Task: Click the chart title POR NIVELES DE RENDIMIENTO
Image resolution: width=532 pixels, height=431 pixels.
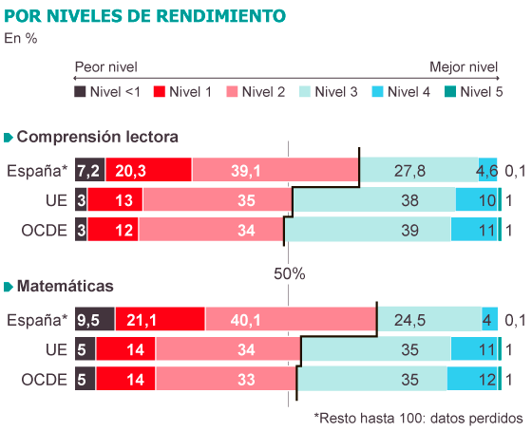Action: tap(144, 16)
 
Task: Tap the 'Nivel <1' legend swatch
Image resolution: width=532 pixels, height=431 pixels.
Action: tap(80, 91)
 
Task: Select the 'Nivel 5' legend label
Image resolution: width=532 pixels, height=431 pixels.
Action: tap(482, 92)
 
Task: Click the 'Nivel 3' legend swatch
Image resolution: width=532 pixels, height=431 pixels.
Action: tap(305, 91)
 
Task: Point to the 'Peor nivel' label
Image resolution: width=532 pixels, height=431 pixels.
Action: tap(105, 67)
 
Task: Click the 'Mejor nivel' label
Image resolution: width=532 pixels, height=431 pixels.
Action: tap(464, 67)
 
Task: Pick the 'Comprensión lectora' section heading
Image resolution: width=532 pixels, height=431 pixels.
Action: tap(97, 137)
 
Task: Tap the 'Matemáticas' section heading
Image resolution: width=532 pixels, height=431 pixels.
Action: tap(66, 286)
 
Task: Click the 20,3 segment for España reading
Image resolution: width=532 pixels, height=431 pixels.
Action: tap(148, 170)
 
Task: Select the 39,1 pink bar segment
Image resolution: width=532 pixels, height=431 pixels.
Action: tap(275, 170)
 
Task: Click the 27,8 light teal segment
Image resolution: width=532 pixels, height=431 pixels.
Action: tap(419, 170)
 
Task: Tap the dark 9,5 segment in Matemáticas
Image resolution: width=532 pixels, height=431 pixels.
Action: tap(95, 319)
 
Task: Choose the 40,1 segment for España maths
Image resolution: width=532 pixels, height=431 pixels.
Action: tap(291, 319)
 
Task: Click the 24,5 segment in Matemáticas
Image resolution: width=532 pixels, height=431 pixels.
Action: tap(429, 319)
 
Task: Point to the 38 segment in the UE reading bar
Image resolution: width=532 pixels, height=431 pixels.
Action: tap(374, 199)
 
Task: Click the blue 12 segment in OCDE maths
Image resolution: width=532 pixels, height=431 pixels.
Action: tap(472, 379)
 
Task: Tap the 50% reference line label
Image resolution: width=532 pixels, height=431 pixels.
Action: tap(290, 274)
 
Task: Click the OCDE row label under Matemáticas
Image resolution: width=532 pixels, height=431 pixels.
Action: tap(44, 380)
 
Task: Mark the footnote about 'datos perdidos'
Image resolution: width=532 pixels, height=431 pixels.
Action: tap(418, 418)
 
